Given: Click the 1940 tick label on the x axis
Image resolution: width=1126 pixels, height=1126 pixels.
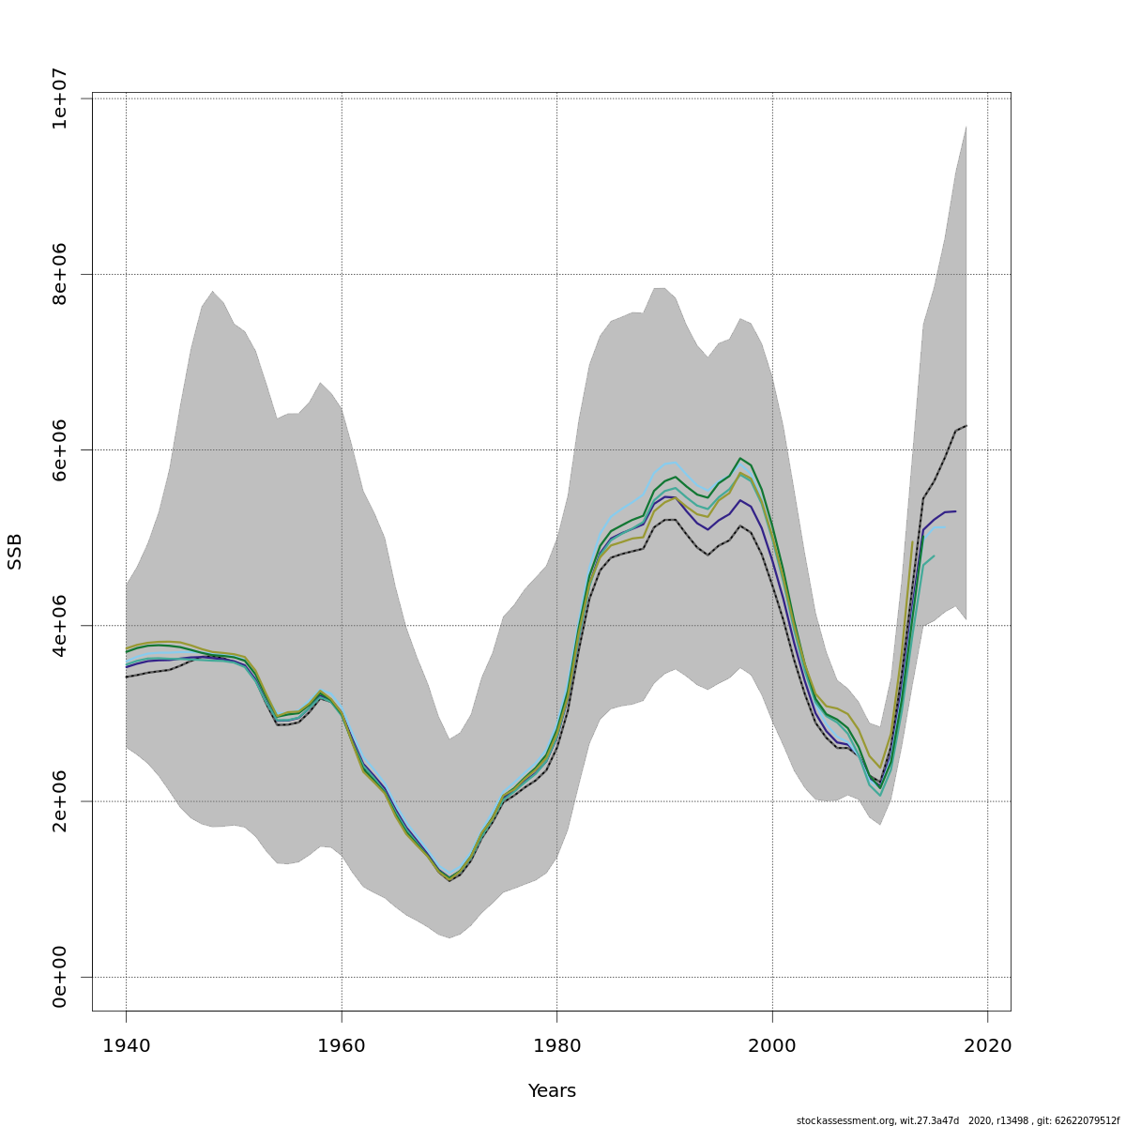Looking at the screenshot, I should click(x=126, y=1045).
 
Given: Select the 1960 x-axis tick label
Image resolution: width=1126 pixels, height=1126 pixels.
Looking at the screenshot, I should click(x=342, y=1045).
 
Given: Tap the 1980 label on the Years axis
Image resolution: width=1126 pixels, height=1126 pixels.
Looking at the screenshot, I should click(x=557, y=1045).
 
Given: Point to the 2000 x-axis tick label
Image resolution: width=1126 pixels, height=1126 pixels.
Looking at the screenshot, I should click(x=772, y=1045).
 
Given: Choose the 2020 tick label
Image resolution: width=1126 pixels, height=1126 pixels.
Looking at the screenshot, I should click(x=987, y=1045).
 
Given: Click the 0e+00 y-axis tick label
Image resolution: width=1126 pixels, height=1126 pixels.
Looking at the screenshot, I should click(x=60, y=977).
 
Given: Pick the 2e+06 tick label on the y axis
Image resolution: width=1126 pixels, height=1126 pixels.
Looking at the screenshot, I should click(x=60, y=801).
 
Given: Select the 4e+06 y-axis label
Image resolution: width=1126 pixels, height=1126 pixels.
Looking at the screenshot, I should click(x=60, y=626).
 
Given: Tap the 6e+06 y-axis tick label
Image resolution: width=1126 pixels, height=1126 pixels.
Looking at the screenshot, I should click(x=60, y=449).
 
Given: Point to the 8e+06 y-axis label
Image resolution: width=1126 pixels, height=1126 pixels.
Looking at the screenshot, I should click(x=60, y=274).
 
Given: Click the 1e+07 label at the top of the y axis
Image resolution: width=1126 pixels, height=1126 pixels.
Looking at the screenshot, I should click(x=60, y=99).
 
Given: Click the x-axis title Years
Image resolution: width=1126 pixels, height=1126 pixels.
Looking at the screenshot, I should click(x=552, y=1091).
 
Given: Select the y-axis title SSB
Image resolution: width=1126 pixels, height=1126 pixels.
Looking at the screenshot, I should click(x=15, y=552).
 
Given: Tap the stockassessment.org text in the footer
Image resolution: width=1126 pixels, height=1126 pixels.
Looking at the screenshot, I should click(x=845, y=1120).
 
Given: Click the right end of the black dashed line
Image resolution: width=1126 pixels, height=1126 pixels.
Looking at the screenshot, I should click(x=966, y=426).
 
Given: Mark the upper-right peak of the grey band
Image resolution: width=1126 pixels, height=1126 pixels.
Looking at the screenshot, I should click(x=966, y=127).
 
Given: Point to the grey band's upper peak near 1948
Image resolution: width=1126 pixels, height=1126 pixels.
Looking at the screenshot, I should click(x=212, y=291).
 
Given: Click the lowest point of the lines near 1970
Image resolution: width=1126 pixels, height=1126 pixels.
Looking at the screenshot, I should click(x=449, y=879).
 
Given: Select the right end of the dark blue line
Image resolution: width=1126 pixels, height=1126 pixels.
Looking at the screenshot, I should click(x=955, y=511).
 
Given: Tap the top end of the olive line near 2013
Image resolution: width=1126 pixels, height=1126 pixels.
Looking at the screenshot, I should click(x=912, y=540).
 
